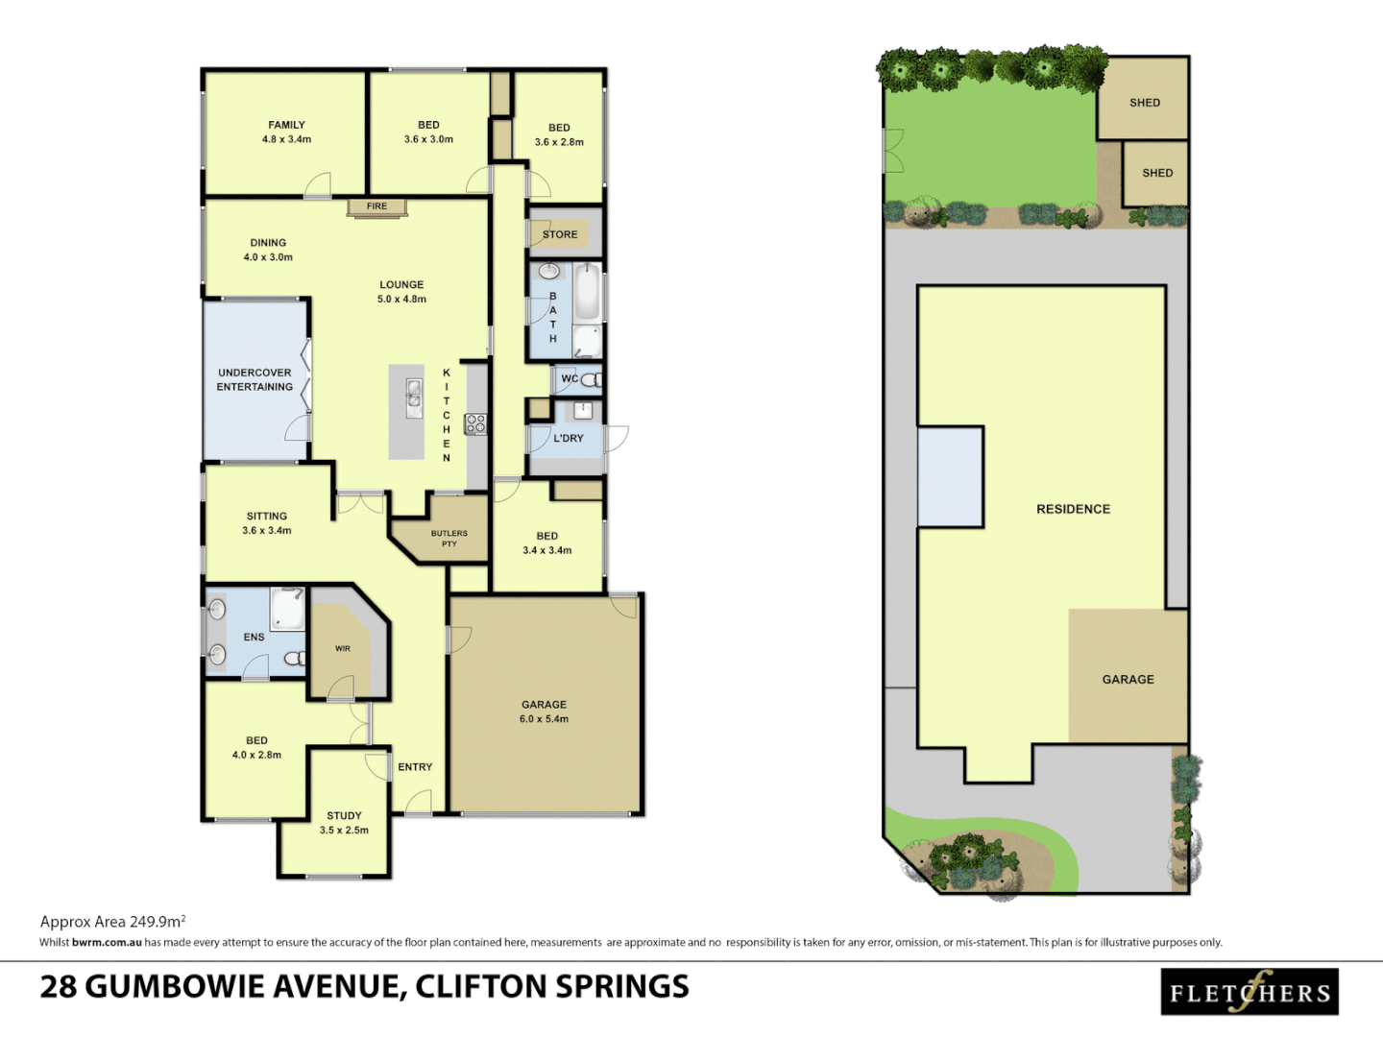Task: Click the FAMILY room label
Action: point(286,125)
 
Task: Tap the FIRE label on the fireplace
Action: point(376,206)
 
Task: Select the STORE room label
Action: point(560,234)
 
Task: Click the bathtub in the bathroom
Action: point(588,292)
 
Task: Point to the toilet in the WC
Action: point(590,379)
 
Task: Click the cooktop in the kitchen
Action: point(475,423)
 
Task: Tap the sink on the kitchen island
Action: point(413,394)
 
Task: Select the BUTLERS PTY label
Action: point(449,539)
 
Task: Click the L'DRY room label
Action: point(569,439)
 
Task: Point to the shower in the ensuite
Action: point(286,609)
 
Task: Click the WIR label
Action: point(343,649)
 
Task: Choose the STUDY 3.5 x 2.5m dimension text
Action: point(344,831)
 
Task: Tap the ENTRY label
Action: point(415,767)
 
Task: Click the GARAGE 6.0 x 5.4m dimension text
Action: point(544,719)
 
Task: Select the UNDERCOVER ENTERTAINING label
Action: point(255,379)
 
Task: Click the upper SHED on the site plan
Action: point(1144,103)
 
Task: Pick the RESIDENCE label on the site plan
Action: point(1073,509)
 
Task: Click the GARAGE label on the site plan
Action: point(1128,680)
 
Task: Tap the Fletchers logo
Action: point(1249,992)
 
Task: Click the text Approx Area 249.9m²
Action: point(112,922)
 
